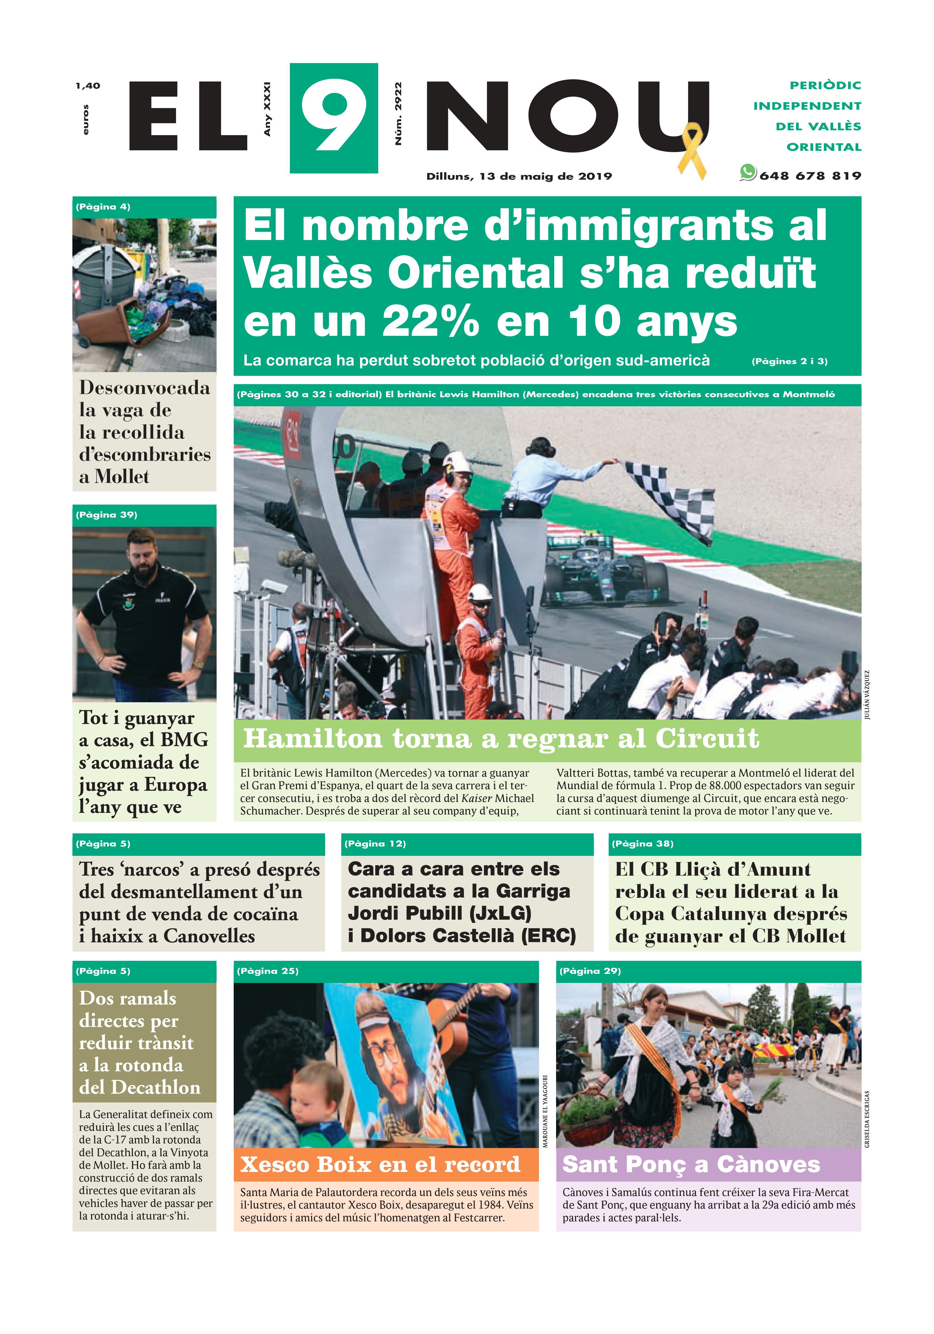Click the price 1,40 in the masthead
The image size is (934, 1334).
click(88, 86)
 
